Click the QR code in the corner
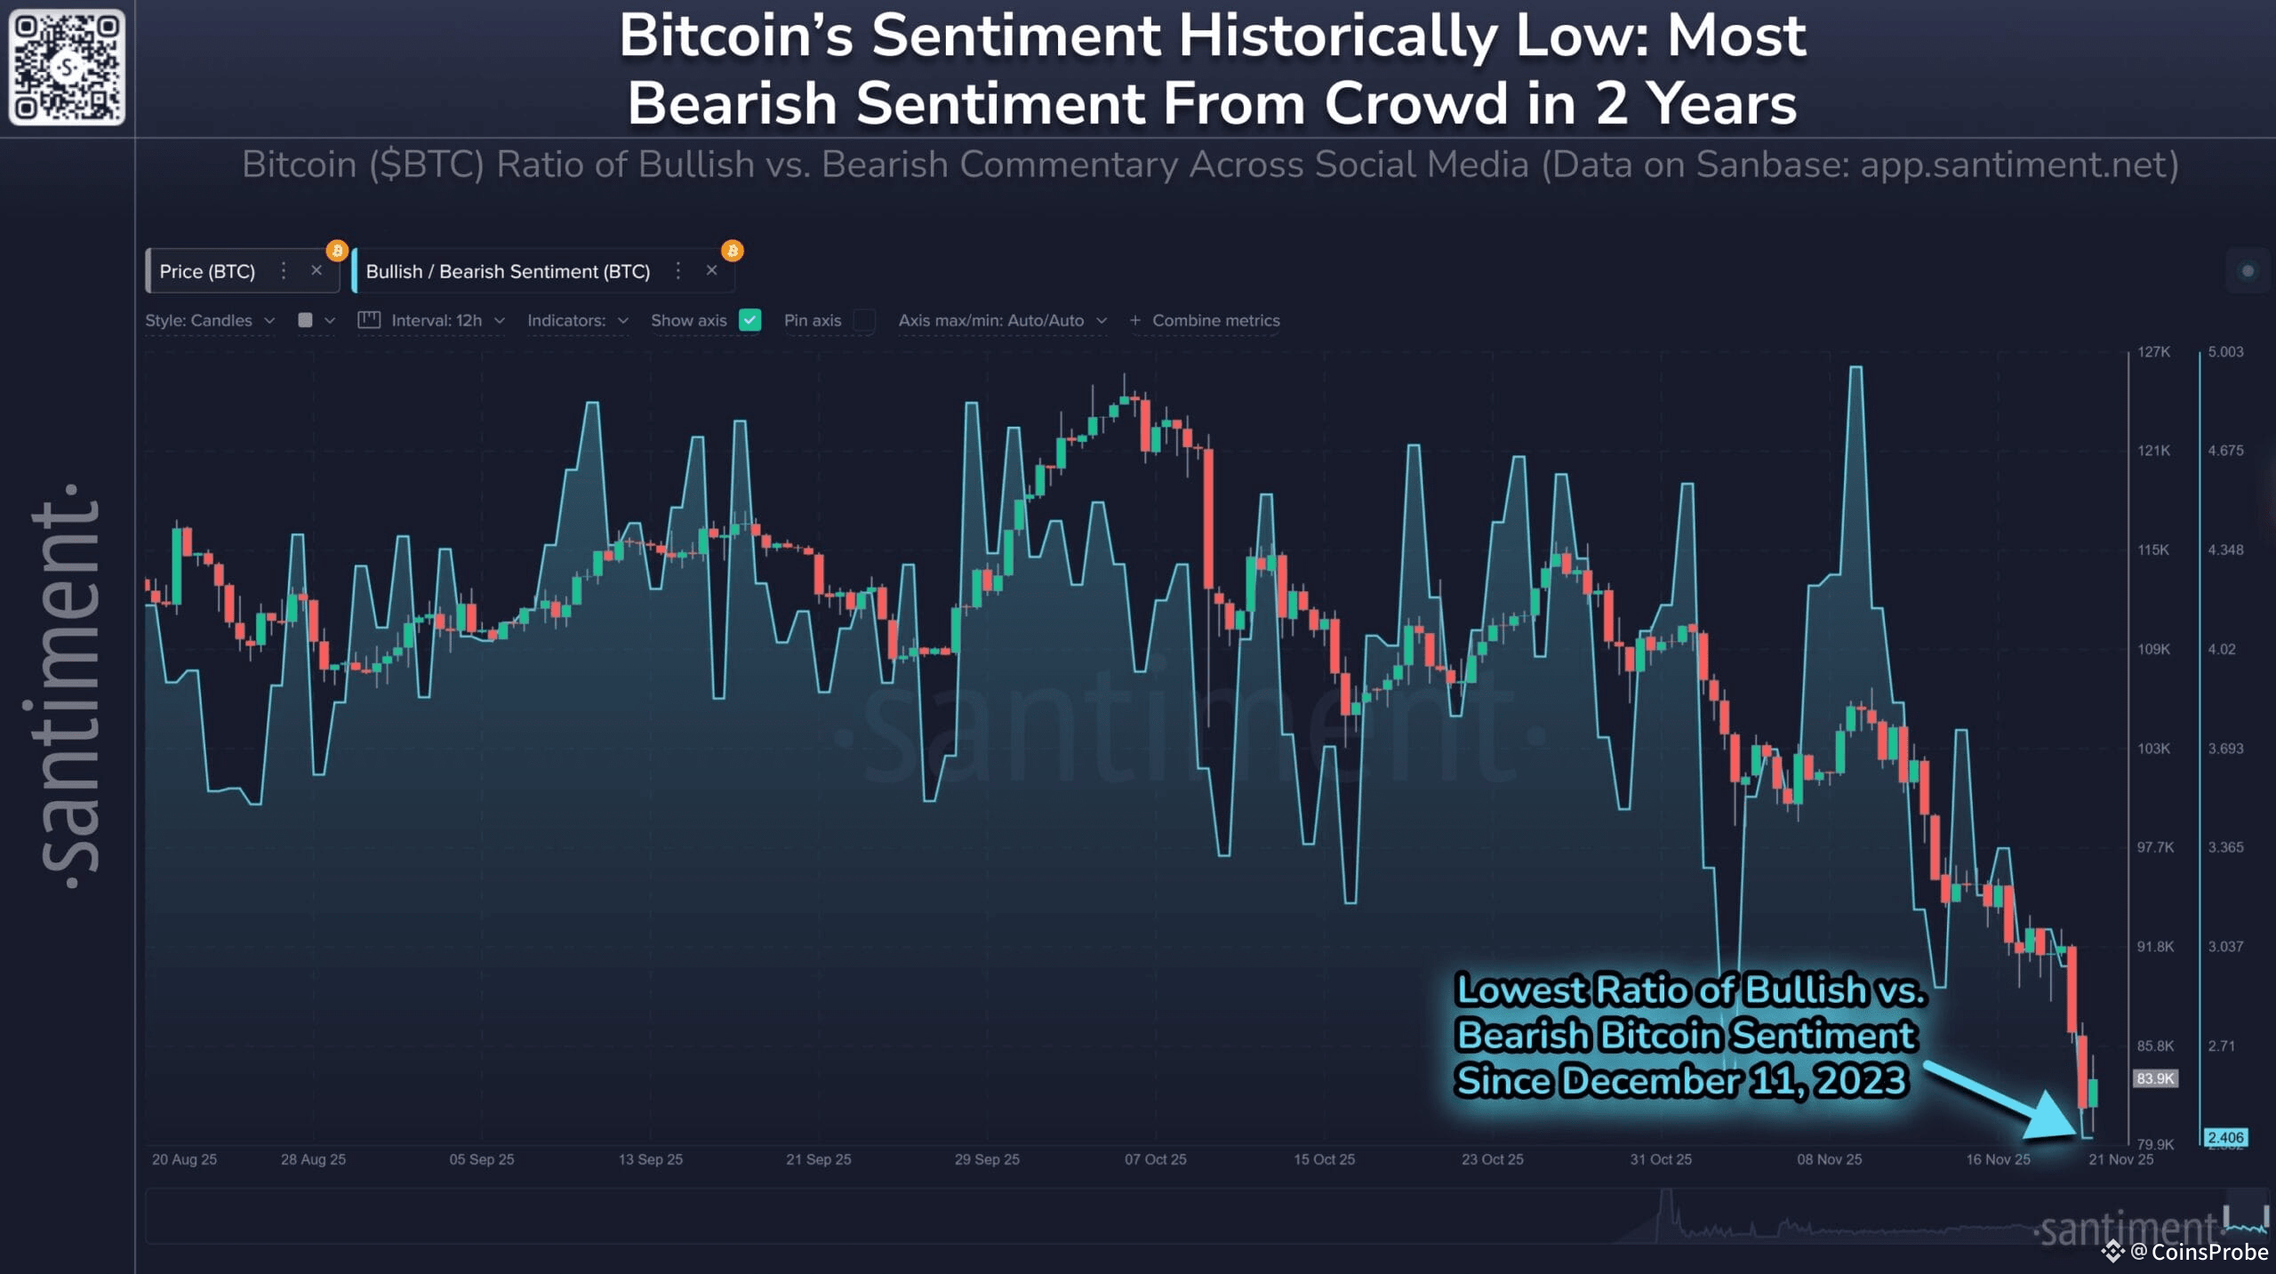pyautogui.click(x=67, y=67)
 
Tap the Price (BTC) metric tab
pyautogui.click(x=207, y=271)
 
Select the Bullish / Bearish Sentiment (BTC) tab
pyautogui.click(x=508, y=271)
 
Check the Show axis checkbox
pyautogui.click(x=750, y=320)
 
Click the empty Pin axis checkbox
pyautogui.click(x=863, y=320)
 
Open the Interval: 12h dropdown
pyautogui.click(x=436, y=320)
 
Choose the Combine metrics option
pyautogui.click(x=1215, y=320)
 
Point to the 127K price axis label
pyautogui.click(x=2154, y=352)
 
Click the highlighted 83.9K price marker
pyautogui.click(x=2155, y=1078)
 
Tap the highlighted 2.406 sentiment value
pyautogui.click(x=2225, y=1137)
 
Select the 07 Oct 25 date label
pyautogui.click(x=1155, y=1159)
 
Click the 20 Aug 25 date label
pyautogui.click(x=184, y=1159)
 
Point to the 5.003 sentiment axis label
pyautogui.click(x=2225, y=352)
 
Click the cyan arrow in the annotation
pyautogui.click(x=2009, y=1102)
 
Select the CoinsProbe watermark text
pyautogui.click(x=2208, y=1252)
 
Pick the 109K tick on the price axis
pyautogui.click(x=2154, y=649)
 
